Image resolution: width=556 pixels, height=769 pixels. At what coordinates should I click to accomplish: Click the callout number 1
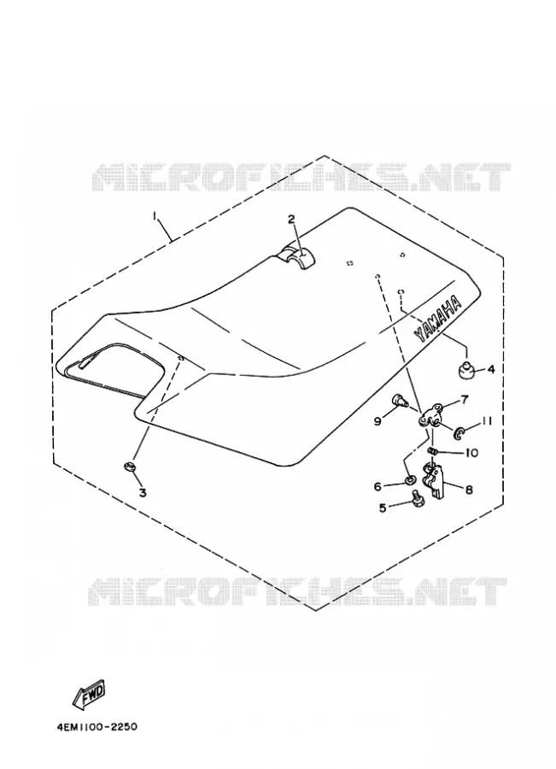[x=155, y=216]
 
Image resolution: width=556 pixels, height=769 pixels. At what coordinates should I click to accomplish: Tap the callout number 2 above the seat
[x=292, y=219]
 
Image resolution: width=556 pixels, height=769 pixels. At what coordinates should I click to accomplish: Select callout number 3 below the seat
[x=143, y=492]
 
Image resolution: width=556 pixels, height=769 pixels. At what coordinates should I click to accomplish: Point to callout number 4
[x=491, y=369]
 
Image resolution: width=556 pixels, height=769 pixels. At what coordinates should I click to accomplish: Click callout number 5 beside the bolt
[x=383, y=508]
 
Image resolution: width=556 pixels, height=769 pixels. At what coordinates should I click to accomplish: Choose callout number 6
[x=377, y=486]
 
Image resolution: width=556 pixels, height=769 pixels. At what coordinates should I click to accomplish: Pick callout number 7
[x=464, y=400]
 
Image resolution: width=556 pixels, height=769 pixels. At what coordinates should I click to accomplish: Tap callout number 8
[x=469, y=489]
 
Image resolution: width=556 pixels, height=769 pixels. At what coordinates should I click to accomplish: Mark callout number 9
[x=377, y=421]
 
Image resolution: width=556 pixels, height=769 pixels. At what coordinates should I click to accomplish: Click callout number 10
[x=471, y=453]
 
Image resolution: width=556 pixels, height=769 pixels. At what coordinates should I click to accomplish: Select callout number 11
[x=486, y=420]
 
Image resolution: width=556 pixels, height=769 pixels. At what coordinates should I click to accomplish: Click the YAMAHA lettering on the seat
[x=438, y=319]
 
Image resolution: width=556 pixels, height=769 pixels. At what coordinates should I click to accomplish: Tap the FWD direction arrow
[x=89, y=695]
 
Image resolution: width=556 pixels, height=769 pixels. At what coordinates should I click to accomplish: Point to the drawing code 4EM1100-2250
[x=97, y=726]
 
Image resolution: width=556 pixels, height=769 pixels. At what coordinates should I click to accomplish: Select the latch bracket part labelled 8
[x=434, y=482]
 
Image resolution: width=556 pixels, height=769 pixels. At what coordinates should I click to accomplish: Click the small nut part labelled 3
[x=129, y=467]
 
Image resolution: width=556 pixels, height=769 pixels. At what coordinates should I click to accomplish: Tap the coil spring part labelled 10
[x=432, y=450]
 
